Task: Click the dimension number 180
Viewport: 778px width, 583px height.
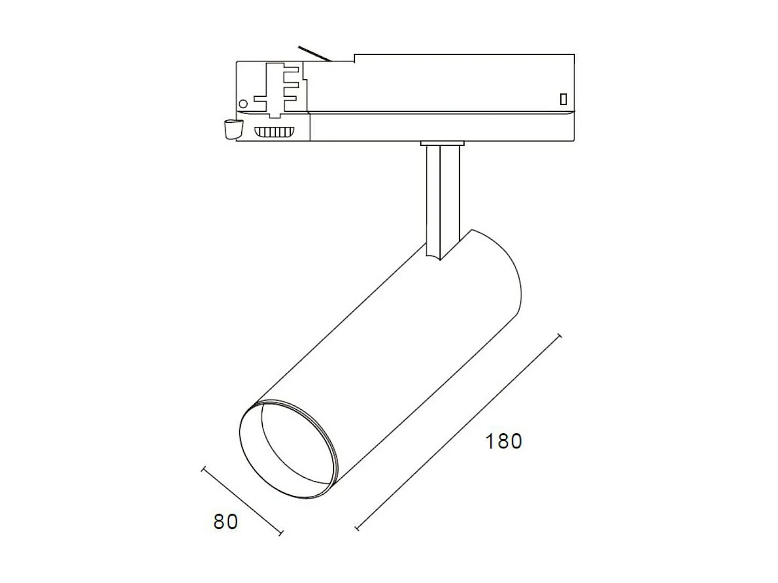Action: (x=503, y=441)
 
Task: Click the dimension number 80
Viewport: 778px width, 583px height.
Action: (x=225, y=521)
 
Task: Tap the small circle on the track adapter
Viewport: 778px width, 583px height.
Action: (x=243, y=104)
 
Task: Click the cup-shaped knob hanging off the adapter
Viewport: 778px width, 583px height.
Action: (x=232, y=129)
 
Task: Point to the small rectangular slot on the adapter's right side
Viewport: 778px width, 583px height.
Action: (x=563, y=99)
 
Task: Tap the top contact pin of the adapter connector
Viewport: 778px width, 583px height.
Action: (x=292, y=70)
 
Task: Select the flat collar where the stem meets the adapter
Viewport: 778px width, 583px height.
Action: (x=442, y=143)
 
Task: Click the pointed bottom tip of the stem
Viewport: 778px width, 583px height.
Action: (x=440, y=259)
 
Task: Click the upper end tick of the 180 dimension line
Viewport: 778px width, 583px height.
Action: (x=560, y=336)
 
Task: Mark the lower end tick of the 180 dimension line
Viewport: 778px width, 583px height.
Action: (x=357, y=529)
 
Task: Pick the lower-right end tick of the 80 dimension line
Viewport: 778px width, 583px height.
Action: (x=280, y=532)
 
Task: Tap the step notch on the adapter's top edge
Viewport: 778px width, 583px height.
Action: (x=354, y=58)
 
